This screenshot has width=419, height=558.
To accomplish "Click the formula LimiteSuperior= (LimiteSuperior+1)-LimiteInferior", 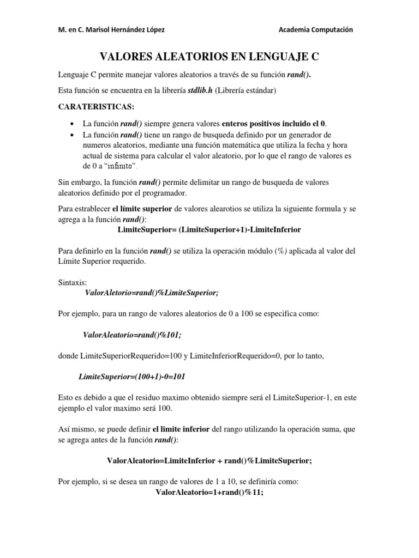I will [209, 229].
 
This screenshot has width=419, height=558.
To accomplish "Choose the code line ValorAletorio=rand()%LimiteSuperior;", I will [152, 293].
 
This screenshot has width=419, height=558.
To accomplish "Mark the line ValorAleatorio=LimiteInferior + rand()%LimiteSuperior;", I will [209, 460].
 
